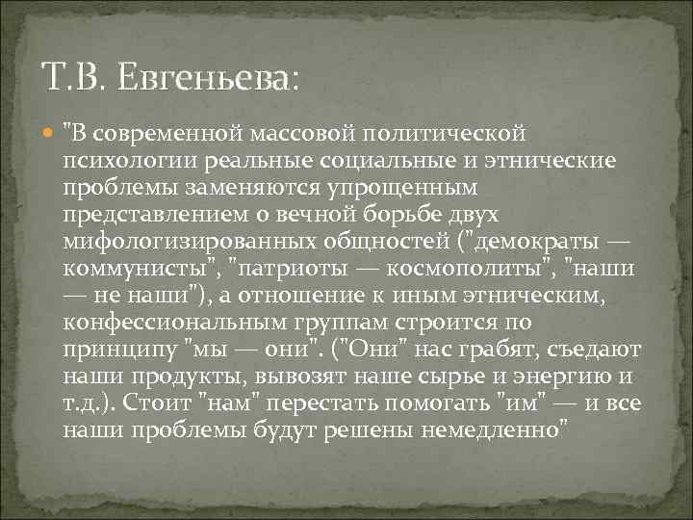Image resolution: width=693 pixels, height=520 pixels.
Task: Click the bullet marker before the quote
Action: [x=49, y=129]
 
